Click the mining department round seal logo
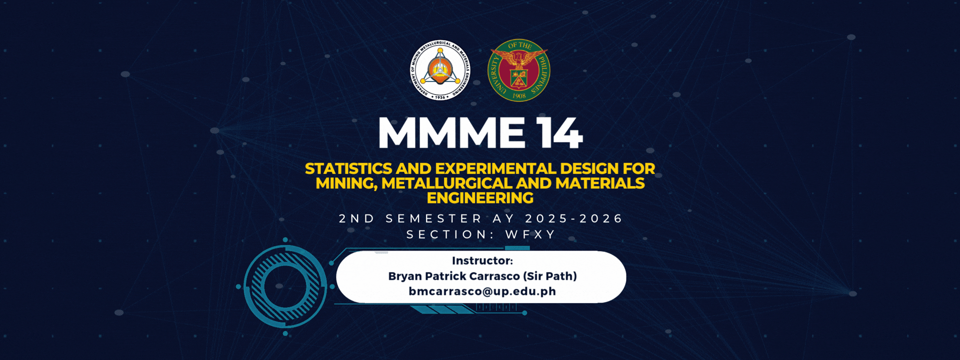[440, 70]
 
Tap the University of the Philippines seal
[519, 70]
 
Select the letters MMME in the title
[451, 133]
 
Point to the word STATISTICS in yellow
[348, 169]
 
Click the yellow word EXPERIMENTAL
[496, 169]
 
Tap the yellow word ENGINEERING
[480, 198]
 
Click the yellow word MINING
[346, 184]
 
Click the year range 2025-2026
[573, 218]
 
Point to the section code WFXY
[530, 234]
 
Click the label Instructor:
[482, 260]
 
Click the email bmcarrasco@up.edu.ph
[482, 291]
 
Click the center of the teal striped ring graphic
[285, 286]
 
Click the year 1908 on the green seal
[519, 95]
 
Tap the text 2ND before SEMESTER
[356, 218]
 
